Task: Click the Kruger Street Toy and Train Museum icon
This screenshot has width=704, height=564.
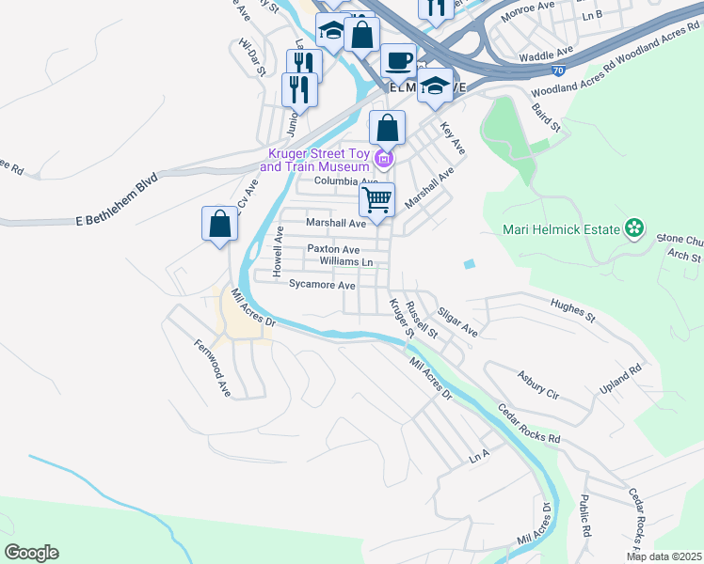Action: coord(381,157)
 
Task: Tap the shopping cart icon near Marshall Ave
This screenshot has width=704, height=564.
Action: coord(376,198)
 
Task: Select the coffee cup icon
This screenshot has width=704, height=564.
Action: coord(398,60)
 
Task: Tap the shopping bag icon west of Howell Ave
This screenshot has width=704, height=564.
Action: coord(219,224)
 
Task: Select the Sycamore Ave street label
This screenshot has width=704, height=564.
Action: coord(322,285)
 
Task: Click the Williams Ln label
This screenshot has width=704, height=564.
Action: coord(346,261)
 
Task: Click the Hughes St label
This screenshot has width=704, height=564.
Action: coord(573,311)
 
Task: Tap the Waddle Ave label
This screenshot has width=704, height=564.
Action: coord(546,54)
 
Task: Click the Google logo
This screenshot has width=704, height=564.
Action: coord(31,552)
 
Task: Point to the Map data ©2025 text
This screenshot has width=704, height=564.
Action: coord(664,556)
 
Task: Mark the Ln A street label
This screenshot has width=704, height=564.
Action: coord(480,457)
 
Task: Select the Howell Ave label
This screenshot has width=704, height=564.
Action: coord(279,251)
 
